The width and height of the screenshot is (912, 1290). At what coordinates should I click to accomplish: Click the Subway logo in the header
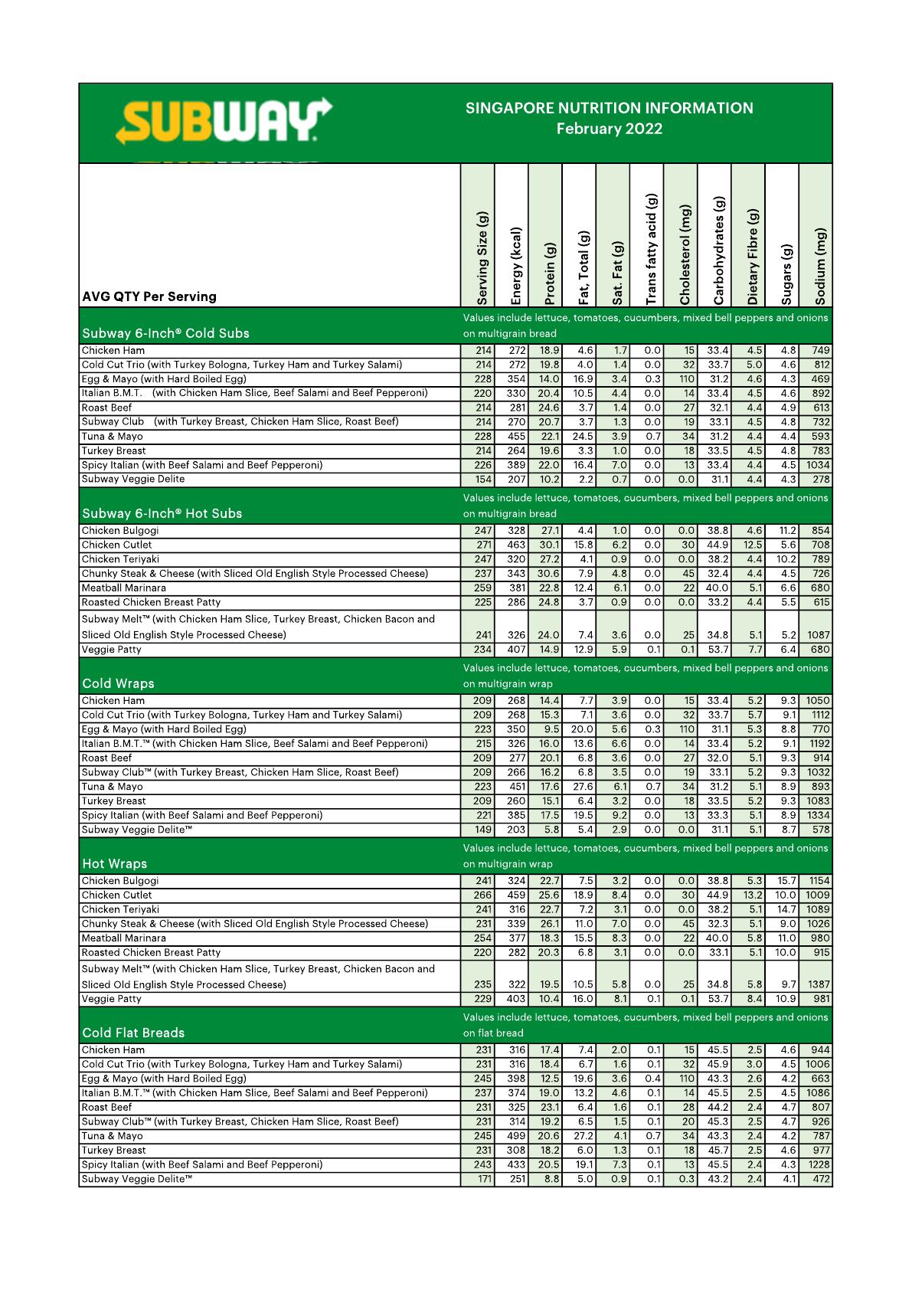coord(224,122)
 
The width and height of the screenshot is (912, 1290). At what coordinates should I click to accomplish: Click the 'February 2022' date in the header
coord(609,129)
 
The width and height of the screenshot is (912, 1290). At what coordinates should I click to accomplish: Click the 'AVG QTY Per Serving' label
coord(149,296)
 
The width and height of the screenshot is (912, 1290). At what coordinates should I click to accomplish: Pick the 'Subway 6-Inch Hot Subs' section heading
coord(162,513)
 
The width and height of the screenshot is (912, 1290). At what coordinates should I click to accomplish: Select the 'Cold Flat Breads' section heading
coord(133,1033)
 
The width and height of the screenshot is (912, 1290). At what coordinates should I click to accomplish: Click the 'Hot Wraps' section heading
coord(114,863)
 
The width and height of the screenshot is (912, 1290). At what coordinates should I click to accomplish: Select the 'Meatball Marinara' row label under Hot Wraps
coord(123,938)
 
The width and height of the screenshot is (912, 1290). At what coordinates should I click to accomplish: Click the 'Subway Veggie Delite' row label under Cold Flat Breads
coord(136,1179)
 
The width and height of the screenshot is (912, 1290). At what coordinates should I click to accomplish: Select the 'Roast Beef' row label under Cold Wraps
coord(106,758)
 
